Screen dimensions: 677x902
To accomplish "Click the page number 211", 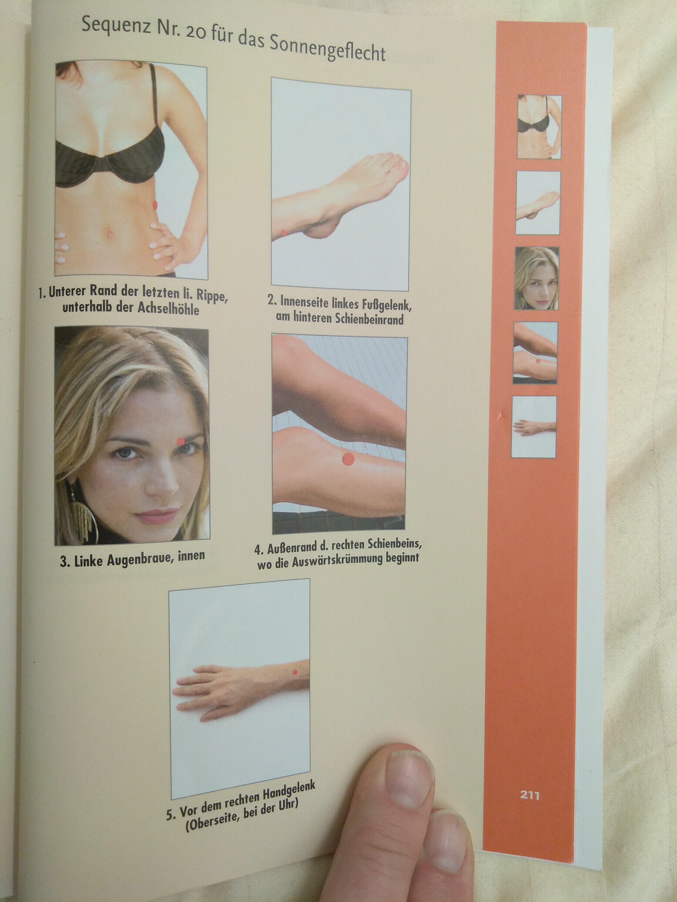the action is [x=530, y=795].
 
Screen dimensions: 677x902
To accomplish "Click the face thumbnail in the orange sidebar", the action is [x=536, y=278].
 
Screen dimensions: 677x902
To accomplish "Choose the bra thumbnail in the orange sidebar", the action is [x=539, y=127].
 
